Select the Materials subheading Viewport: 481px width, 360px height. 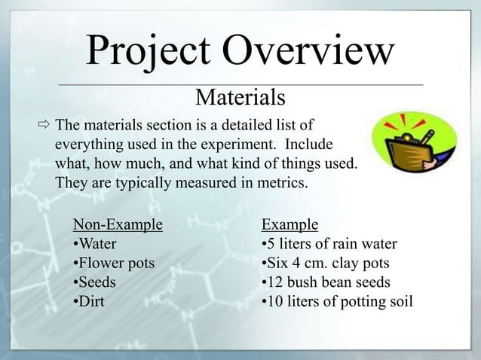pyautogui.click(x=240, y=98)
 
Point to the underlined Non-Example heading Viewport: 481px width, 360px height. pyautogui.click(x=118, y=224)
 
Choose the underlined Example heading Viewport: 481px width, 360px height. pyautogui.click(x=290, y=224)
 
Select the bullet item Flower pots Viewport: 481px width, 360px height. pyautogui.click(x=113, y=264)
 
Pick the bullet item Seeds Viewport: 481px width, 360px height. pyautogui.click(x=94, y=283)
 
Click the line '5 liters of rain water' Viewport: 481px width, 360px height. pyautogui.click(x=328, y=244)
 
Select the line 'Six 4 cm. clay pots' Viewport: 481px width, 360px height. pyautogui.click(x=324, y=264)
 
